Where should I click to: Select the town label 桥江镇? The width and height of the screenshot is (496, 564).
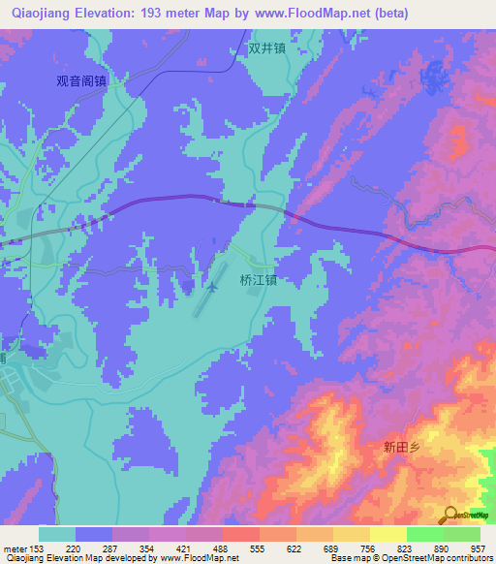tap(259, 281)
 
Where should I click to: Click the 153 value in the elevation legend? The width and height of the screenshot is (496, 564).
tap(36, 548)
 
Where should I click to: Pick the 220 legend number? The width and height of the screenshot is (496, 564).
tap(74, 548)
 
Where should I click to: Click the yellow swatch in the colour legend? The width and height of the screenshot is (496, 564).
tap(387, 534)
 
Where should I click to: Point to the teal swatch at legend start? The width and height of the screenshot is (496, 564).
tap(57, 534)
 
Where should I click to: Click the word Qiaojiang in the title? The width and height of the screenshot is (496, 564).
tap(41, 14)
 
